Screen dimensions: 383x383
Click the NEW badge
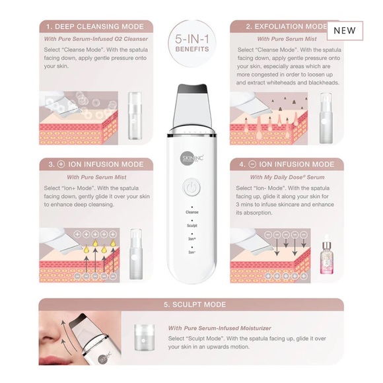pos(344,30)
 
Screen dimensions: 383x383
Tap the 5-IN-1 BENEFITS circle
pos(191,44)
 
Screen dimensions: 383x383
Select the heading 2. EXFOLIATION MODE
pos(281,27)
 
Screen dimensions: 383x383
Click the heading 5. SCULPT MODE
pos(191,304)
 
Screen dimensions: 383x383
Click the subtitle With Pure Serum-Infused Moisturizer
pos(220,328)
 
